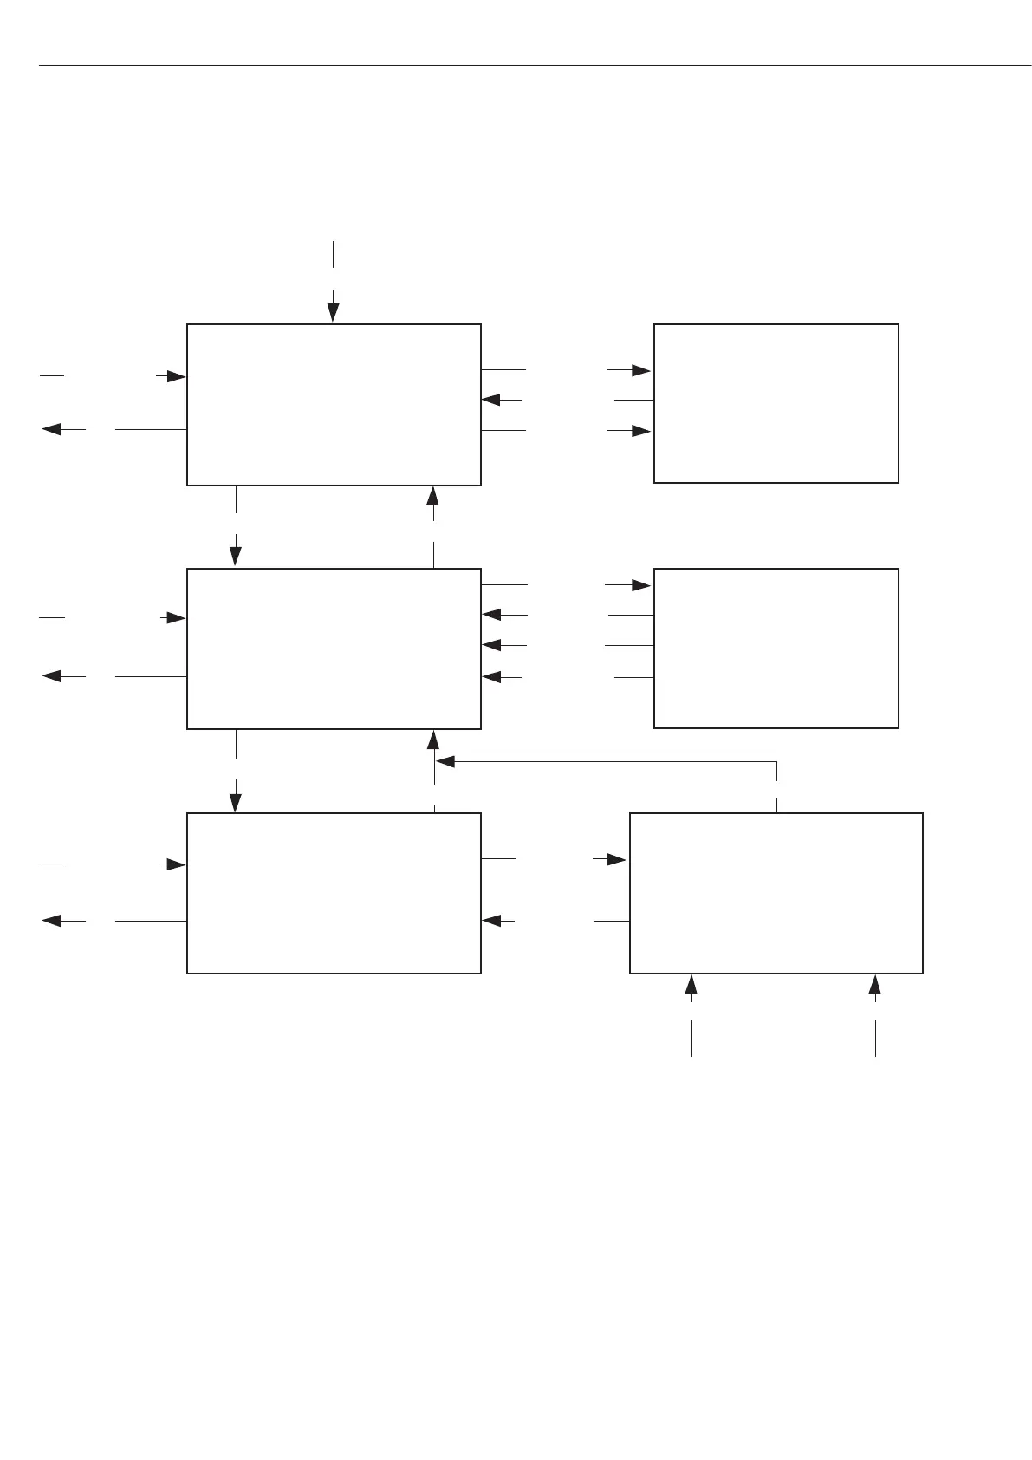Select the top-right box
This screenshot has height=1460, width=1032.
(x=776, y=403)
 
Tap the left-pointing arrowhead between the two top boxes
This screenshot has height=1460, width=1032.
(x=491, y=400)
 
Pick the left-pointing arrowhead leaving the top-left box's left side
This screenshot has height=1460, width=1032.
(x=51, y=429)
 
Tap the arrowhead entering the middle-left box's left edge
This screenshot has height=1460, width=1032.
(x=176, y=618)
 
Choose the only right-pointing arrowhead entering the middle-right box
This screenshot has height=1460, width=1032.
(x=641, y=586)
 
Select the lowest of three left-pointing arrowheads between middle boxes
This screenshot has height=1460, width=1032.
(x=491, y=677)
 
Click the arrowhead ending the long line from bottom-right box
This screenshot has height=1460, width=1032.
(x=445, y=762)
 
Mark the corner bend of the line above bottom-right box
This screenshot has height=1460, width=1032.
(x=777, y=762)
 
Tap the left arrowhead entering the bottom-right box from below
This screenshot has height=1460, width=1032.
(x=691, y=984)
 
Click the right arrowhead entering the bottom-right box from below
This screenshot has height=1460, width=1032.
(x=875, y=984)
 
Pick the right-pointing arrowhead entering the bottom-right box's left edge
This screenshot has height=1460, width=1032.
(x=616, y=859)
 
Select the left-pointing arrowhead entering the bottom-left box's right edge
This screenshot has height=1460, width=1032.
(x=491, y=921)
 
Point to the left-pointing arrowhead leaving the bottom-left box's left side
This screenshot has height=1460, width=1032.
(x=51, y=921)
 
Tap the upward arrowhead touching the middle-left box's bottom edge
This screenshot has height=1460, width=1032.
(x=433, y=740)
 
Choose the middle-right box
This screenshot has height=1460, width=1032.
(x=776, y=649)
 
